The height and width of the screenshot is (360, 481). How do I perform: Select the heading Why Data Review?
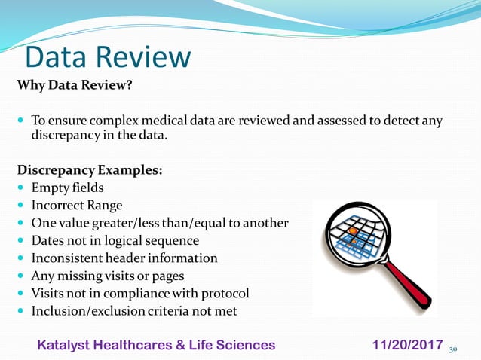[x=75, y=85]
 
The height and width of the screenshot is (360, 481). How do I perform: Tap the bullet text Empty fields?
[x=67, y=188]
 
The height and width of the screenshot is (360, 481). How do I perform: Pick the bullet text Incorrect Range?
[x=76, y=205]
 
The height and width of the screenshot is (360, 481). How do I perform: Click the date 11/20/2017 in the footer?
[x=407, y=345]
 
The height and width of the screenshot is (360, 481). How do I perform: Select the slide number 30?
[x=454, y=349]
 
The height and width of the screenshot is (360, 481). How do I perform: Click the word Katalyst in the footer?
[x=64, y=345]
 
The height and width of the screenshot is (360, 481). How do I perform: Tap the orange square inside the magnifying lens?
[x=351, y=229]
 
